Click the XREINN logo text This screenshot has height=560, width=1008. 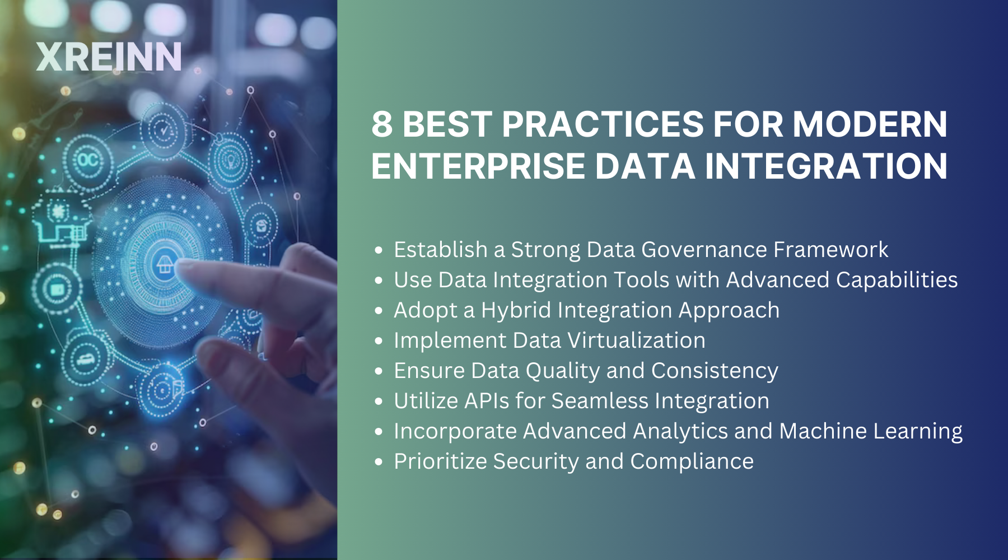[x=109, y=57]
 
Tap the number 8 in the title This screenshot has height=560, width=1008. [x=382, y=124]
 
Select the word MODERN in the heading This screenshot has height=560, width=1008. [x=870, y=124]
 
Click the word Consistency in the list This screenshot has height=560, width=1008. [x=715, y=371]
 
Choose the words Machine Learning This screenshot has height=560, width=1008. [x=871, y=431]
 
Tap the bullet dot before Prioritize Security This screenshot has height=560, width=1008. [x=379, y=462]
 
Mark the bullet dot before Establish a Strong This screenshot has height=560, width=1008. [x=379, y=250]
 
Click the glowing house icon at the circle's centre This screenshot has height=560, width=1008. [x=165, y=263]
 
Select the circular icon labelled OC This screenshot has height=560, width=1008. [x=88, y=161]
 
